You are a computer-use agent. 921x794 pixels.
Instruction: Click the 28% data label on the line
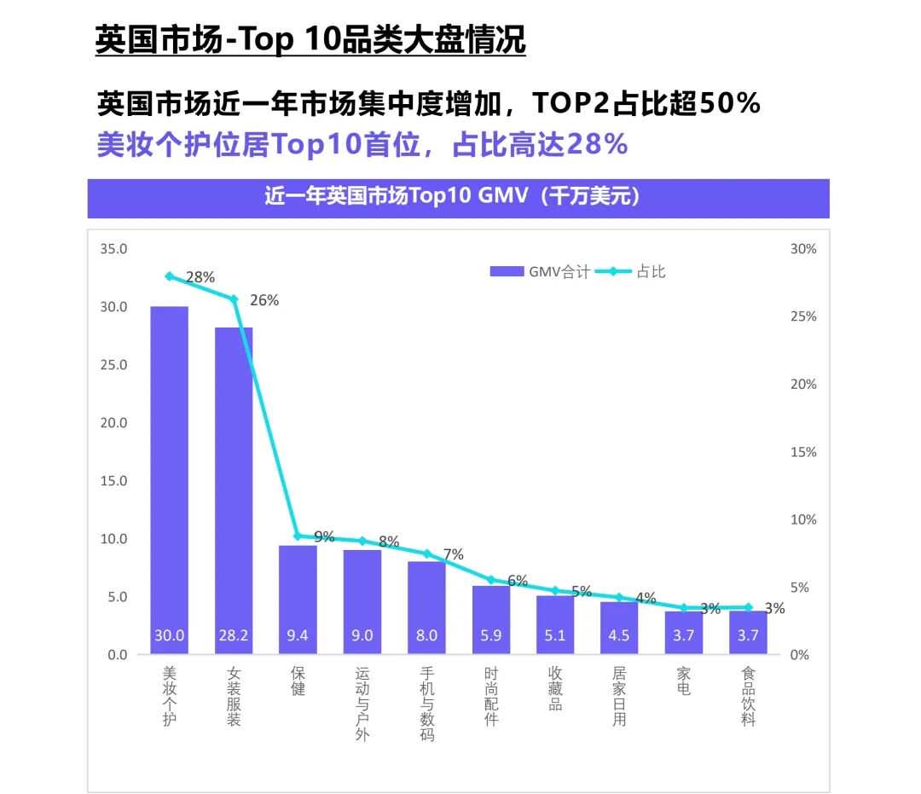click(200, 277)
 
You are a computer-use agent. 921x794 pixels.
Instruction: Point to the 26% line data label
click(264, 300)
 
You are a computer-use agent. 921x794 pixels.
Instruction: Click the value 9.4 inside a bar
click(298, 635)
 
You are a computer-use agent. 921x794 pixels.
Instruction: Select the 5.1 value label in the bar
click(555, 635)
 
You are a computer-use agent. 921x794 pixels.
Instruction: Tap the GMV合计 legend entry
click(540, 272)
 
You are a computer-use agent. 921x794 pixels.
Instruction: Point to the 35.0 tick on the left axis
click(113, 249)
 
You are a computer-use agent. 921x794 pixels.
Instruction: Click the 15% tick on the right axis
click(803, 452)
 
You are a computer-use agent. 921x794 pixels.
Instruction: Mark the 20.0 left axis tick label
click(113, 423)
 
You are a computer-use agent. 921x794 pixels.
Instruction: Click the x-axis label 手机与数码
click(427, 704)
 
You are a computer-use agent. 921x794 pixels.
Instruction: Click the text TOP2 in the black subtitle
click(571, 104)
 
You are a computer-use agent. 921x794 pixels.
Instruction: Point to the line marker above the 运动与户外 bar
click(362, 541)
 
